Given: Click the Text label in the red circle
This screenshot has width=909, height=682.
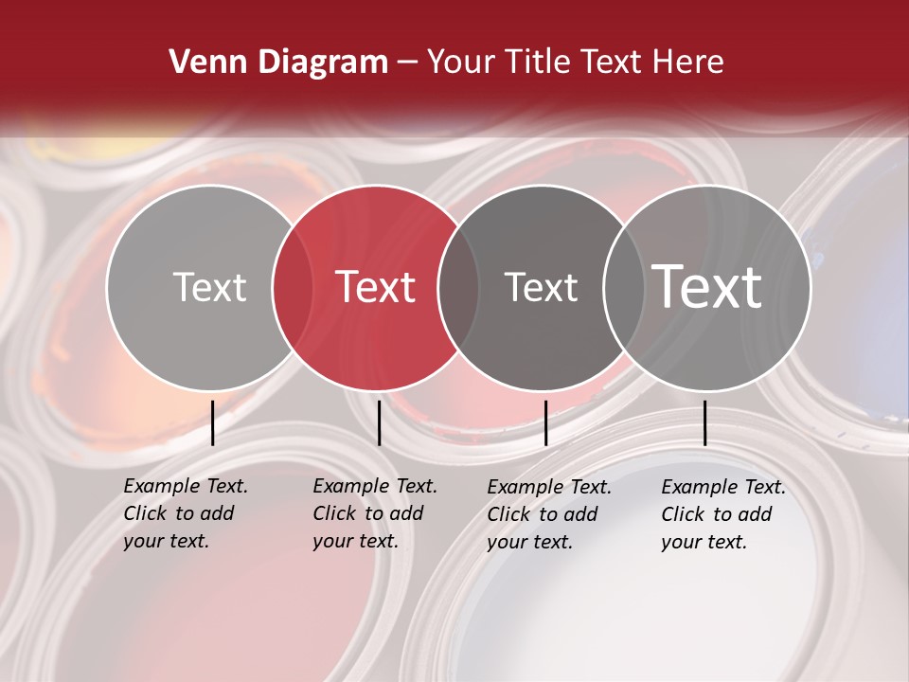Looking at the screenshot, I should (x=375, y=287).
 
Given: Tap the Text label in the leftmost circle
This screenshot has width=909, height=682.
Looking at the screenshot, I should (x=209, y=287).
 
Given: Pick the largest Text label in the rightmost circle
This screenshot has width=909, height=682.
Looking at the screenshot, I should (x=707, y=287).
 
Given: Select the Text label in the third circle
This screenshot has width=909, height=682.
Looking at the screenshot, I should (x=541, y=287).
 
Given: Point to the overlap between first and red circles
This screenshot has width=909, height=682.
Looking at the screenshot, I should (x=293, y=287).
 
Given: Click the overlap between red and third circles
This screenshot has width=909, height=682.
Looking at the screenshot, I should (x=458, y=287).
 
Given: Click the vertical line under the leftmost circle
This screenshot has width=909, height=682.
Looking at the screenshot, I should (x=213, y=422).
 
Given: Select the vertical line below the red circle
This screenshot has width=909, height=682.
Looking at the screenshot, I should (x=379, y=422).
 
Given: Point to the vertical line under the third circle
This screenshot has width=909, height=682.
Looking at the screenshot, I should (x=545, y=422).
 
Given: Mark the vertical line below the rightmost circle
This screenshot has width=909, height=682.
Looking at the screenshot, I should (x=704, y=422).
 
